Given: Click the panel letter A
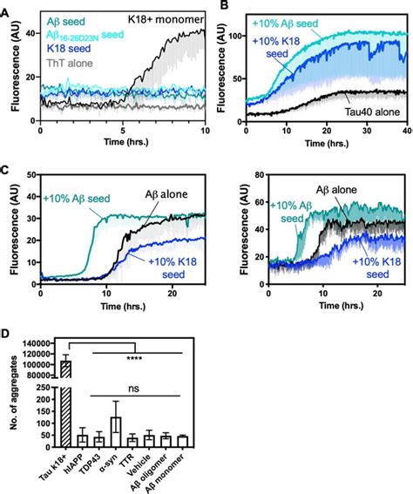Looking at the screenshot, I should tap(6, 7).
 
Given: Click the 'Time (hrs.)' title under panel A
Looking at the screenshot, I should tap(122, 143).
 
